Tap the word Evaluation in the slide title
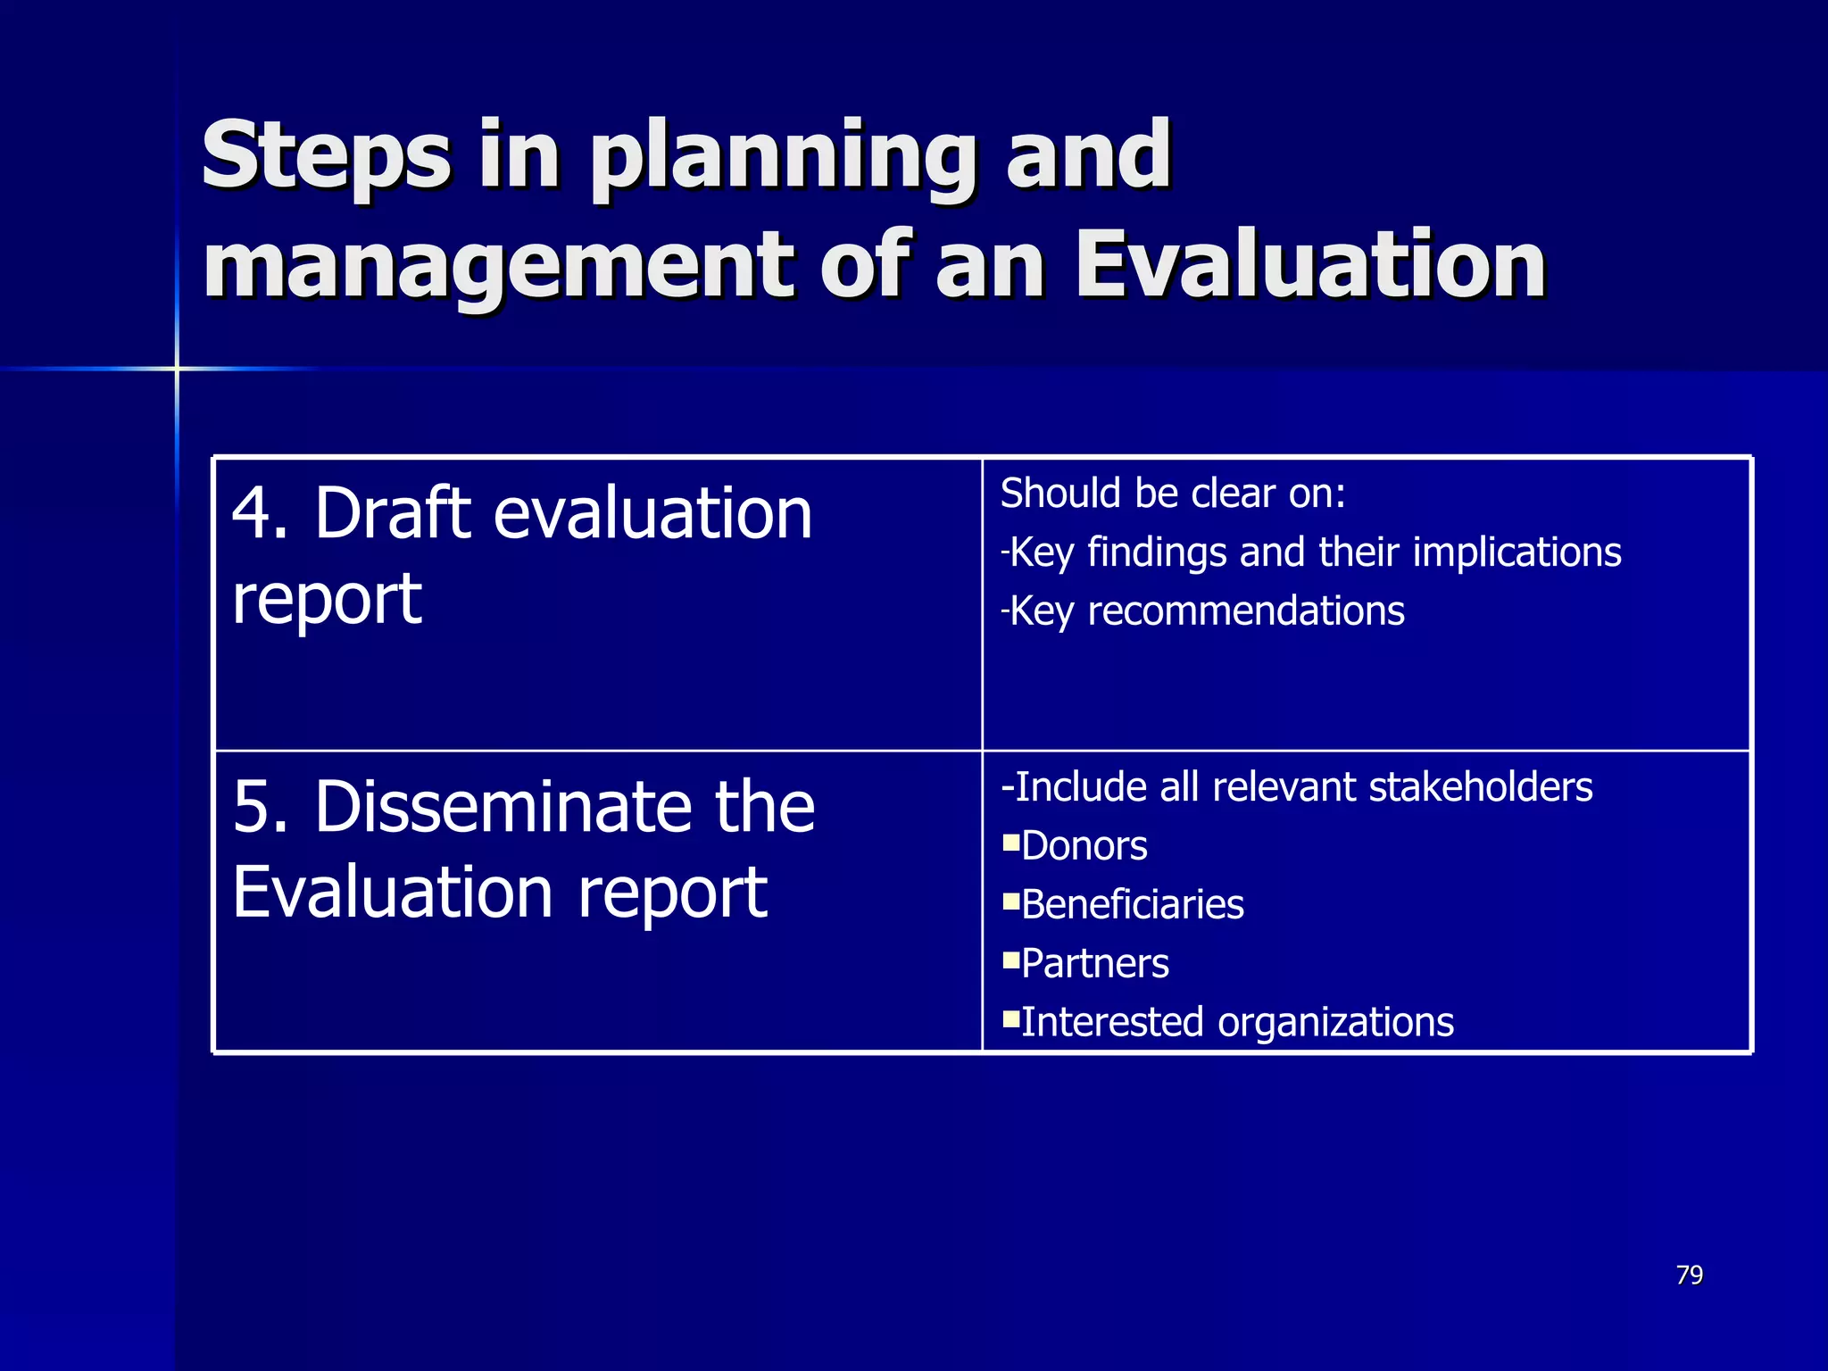[1309, 265]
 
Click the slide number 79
[1689, 1275]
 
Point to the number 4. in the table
[260, 514]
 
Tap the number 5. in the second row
[260, 807]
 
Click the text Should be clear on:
[1172, 494]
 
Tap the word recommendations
[1246, 612]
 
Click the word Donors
[1084, 846]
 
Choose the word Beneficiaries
[1132, 905]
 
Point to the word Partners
[1094, 964]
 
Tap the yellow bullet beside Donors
[1010, 842]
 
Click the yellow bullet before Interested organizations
[1010, 1018]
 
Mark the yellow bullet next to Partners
[1010, 960]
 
